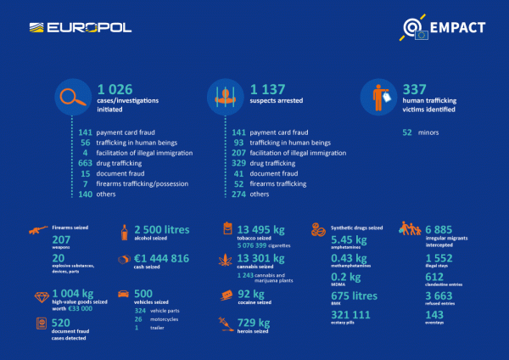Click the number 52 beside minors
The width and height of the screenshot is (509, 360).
tap(408, 132)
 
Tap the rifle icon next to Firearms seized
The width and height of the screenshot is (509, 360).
tap(37, 229)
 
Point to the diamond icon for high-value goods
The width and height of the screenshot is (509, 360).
tap(38, 296)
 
